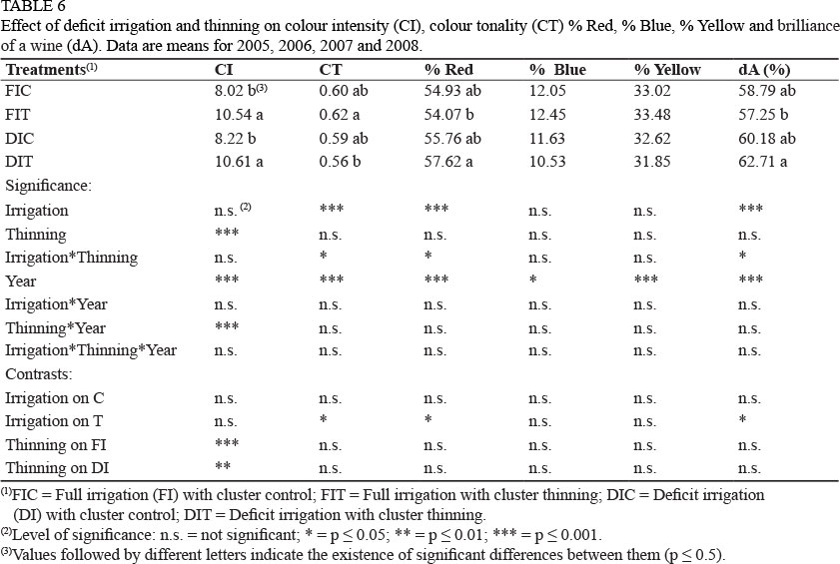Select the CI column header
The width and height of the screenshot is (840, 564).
tap(225, 70)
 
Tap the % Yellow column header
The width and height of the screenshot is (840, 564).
tap(667, 70)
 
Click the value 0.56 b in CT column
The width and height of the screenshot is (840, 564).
tap(343, 163)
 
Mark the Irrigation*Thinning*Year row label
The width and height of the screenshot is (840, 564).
tap(91, 350)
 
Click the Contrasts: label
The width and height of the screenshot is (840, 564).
tap(38, 373)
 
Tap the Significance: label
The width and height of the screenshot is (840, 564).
tap(48, 186)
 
